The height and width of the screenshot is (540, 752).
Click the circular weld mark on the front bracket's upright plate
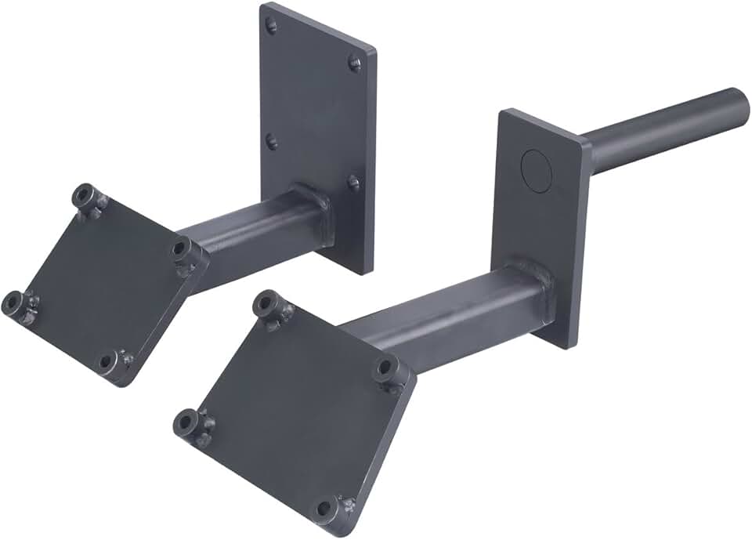pos(537,167)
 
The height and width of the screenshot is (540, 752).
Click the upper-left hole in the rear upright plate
pos(271,26)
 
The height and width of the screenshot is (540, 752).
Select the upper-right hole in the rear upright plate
pos(354,63)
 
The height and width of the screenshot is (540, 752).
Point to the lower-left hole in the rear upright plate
pos(271,142)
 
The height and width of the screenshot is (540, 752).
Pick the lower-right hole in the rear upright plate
pos(353,183)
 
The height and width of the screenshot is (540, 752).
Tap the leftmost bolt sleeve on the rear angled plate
pos(13,301)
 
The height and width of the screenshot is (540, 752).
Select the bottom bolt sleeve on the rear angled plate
pos(108,362)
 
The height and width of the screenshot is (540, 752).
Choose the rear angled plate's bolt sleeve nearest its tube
pos(182,249)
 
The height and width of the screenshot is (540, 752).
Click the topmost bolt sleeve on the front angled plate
pos(266,303)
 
